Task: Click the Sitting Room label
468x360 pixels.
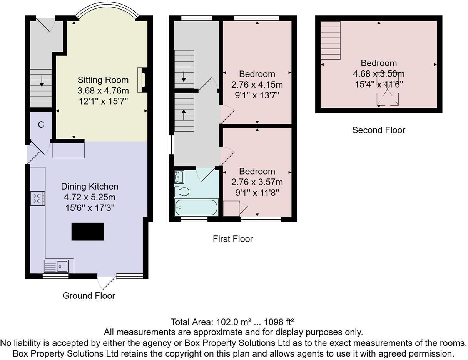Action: click(x=103, y=80)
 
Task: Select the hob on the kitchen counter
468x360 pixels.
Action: click(x=38, y=198)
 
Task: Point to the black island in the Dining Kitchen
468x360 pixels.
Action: click(x=88, y=232)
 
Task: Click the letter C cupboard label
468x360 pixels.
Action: click(x=41, y=125)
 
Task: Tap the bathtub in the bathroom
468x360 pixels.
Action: click(x=196, y=208)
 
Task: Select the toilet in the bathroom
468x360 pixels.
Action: click(x=182, y=191)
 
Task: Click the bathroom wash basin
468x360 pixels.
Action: click(x=179, y=177)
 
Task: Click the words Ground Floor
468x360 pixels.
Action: click(x=89, y=296)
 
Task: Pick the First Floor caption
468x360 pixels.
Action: click(x=232, y=239)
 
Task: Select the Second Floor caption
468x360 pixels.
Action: click(x=378, y=130)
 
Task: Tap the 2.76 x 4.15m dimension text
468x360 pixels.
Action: click(x=257, y=84)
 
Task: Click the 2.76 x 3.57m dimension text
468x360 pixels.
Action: click(x=257, y=182)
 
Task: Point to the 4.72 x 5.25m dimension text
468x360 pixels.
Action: click(x=89, y=197)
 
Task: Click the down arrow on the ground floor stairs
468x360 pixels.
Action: click(x=41, y=82)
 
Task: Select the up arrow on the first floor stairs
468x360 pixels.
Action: click(x=184, y=114)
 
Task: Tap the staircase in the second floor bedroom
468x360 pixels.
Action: click(x=331, y=40)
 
